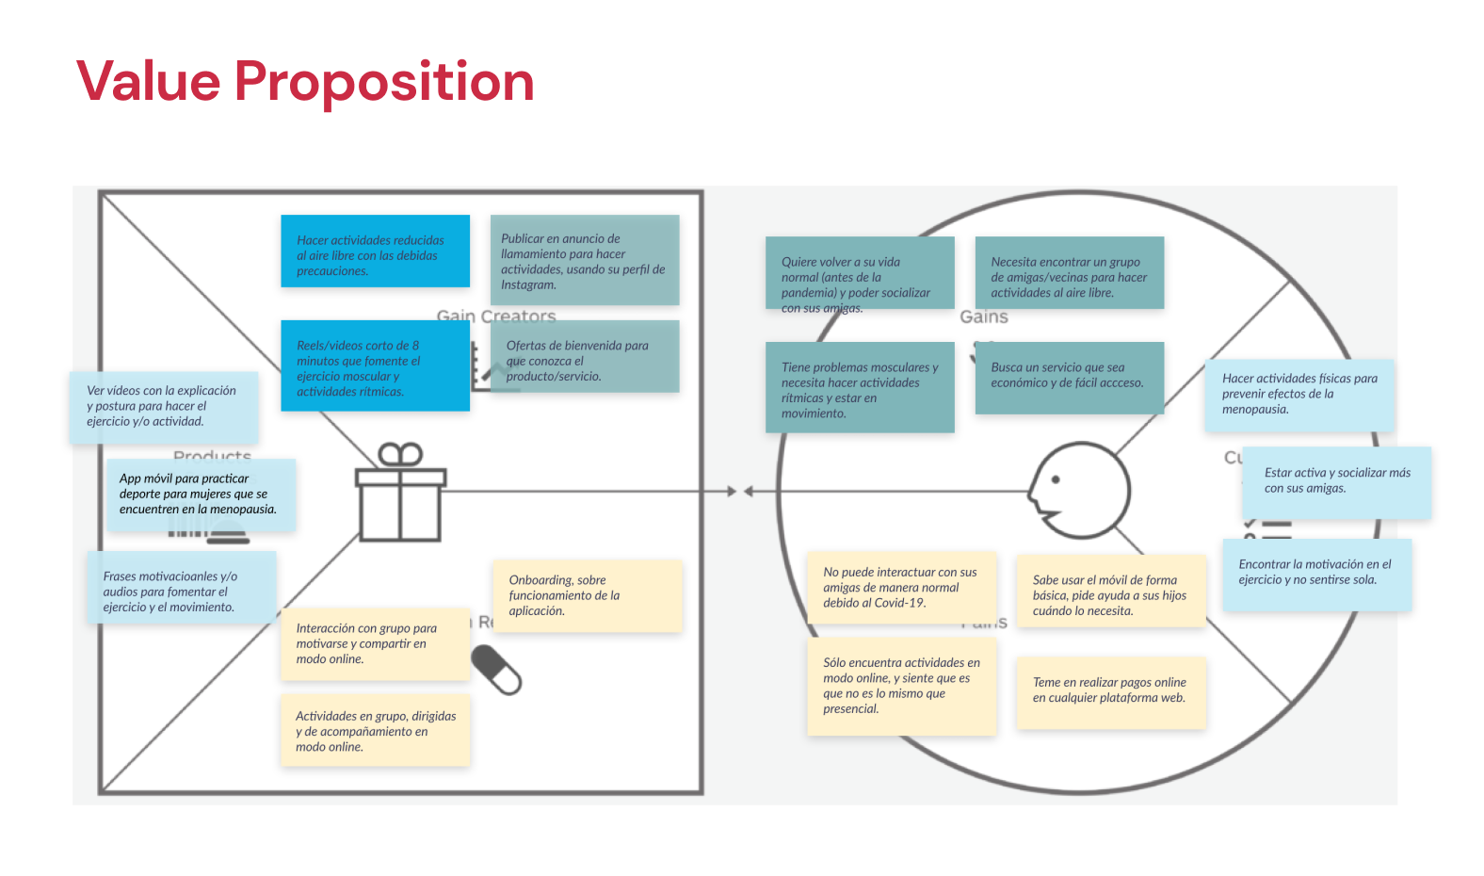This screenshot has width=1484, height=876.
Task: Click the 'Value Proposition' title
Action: pos(305,81)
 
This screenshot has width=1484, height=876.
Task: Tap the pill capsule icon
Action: pos(496,669)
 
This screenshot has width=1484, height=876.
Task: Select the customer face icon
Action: pos(1078,491)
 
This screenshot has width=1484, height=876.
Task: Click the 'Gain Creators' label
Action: pos(496,316)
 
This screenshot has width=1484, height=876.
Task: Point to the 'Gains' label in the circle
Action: pos(984,317)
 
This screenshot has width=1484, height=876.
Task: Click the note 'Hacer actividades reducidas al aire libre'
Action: pos(375,251)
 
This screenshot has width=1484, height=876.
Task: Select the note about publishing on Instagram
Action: pos(584,260)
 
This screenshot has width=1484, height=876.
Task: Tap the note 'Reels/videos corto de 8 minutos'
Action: pos(375,365)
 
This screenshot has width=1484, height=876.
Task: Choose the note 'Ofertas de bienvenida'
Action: pos(584,357)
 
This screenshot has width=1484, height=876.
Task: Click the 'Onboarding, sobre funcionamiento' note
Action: pos(587,595)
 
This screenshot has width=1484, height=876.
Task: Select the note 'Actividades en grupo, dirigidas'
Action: pos(375,730)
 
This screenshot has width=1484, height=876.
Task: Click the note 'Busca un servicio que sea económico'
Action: pos(1069,377)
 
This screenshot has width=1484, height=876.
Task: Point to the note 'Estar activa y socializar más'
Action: pos(1336,481)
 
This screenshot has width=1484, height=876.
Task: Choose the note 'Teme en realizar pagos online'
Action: pos(1111,692)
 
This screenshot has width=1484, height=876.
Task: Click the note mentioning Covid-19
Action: pos(901,587)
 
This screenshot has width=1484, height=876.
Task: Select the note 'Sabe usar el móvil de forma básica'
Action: pos(1111,592)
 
